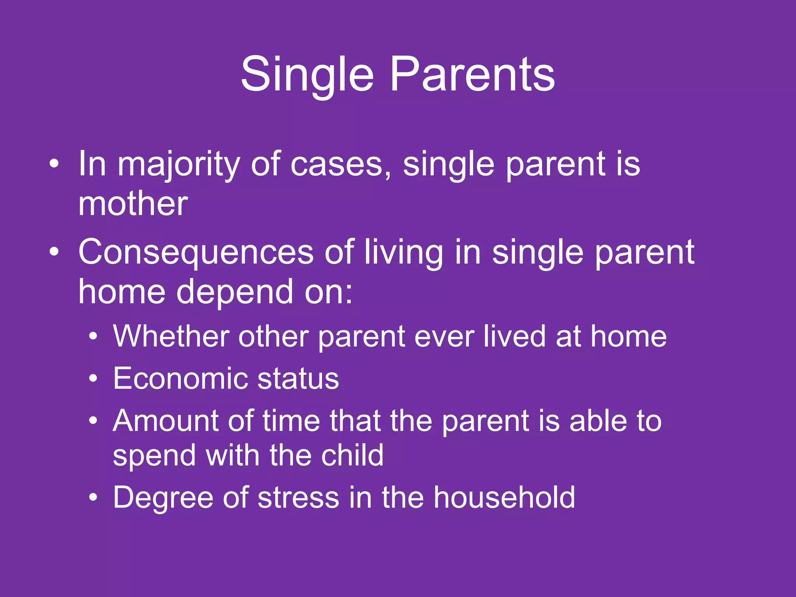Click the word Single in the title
[x=307, y=75]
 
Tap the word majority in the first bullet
[x=179, y=165]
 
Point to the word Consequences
[x=196, y=253]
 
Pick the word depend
[x=235, y=292]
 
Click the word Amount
[x=165, y=421]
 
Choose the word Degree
[x=163, y=498]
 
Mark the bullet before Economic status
[x=93, y=378]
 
